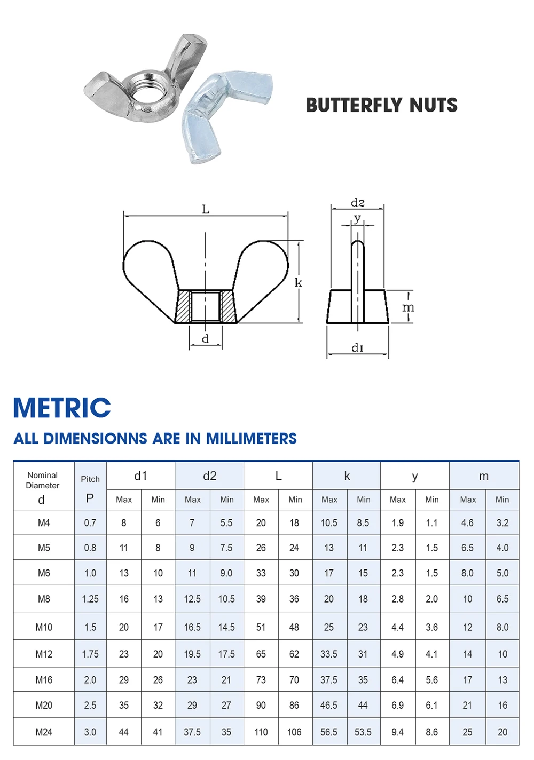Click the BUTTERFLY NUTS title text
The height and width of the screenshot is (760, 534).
pos(381,105)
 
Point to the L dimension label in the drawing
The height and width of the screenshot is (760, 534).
pos(206,210)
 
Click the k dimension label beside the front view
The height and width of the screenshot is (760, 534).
pos(298,282)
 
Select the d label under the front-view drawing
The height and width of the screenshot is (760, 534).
pos(205,339)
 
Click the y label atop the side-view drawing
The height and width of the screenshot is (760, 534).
pos(358,218)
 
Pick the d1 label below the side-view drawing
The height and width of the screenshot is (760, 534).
pos(357,348)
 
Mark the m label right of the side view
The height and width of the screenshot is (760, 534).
pos(408,307)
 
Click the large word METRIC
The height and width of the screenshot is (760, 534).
pos(62,408)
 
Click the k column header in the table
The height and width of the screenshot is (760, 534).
pos(347,476)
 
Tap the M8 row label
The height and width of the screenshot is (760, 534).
pos(44,599)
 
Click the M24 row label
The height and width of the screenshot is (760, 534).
pos(44,732)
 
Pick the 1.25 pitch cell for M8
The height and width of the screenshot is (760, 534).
pos(90,599)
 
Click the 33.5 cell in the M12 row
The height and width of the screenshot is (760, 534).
pos(329,654)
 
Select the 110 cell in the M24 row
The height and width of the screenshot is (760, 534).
pos(261,732)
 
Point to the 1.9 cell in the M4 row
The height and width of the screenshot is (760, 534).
pos(398,523)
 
